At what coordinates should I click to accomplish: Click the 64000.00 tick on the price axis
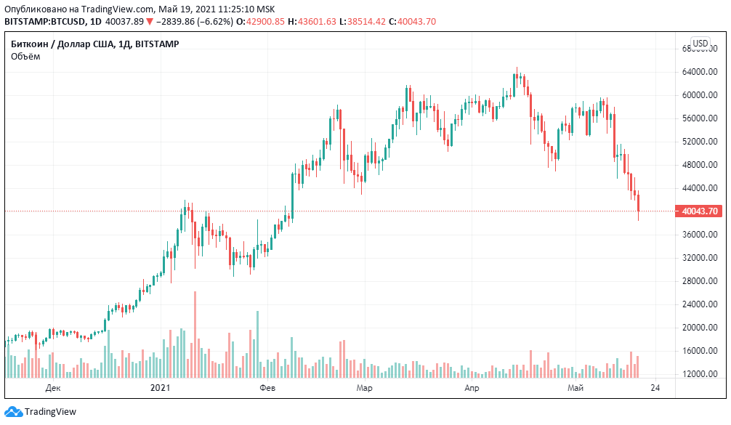pyautogui.click(x=698, y=72)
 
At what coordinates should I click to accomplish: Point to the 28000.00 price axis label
pyautogui.click(x=698, y=281)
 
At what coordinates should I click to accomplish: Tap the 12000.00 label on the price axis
pyautogui.click(x=698, y=374)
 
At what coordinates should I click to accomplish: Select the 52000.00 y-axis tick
pyautogui.click(x=698, y=142)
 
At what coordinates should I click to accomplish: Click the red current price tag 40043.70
pyautogui.click(x=700, y=211)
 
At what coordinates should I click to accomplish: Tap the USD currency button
pyautogui.click(x=700, y=44)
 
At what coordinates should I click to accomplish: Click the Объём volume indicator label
pyautogui.click(x=25, y=57)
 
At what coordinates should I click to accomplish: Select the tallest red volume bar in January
pyautogui.click(x=195, y=334)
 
